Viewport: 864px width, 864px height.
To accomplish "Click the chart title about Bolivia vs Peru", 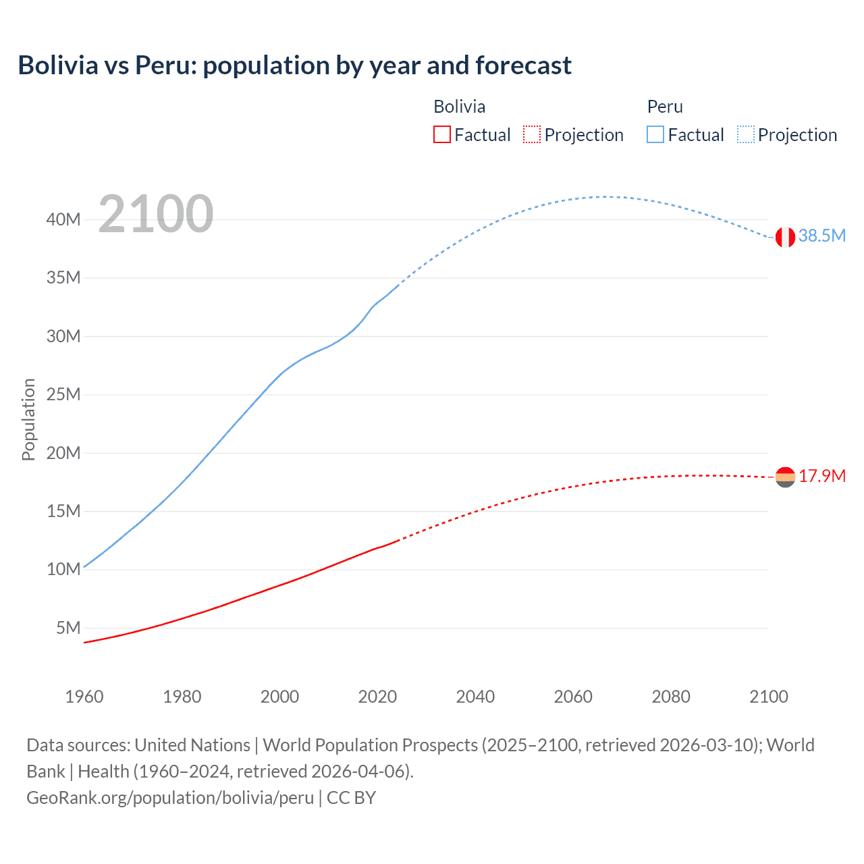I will (x=294, y=65).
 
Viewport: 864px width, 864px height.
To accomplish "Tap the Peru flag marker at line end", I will (x=785, y=237).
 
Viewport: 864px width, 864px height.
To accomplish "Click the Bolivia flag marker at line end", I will (x=785, y=477).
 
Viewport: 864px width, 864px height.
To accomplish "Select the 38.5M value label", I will (x=821, y=236).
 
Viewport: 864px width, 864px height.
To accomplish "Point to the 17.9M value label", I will (x=822, y=476).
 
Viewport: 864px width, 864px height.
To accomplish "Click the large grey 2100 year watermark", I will (x=156, y=214).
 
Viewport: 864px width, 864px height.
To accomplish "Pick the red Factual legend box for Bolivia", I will (x=441, y=134).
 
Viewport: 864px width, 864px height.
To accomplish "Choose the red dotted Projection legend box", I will (x=532, y=134).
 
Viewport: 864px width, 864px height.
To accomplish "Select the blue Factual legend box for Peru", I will (x=655, y=134).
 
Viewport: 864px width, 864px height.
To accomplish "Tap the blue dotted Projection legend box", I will (x=746, y=134).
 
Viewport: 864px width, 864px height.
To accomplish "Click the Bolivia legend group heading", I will (x=459, y=107).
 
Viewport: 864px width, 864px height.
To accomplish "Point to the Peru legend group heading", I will (x=665, y=107).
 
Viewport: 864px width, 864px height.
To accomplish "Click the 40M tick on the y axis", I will (x=63, y=219).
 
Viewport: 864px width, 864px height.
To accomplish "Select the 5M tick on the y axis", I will (x=68, y=628).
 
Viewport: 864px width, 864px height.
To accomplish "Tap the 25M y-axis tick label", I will (x=63, y=394).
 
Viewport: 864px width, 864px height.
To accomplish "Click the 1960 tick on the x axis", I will (x=84, y=697).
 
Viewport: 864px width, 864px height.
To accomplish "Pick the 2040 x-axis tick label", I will (x=475, y=697).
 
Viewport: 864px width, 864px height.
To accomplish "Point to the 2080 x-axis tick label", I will (x=671, y=697).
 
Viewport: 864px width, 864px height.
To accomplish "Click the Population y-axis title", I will (x=28, y=419).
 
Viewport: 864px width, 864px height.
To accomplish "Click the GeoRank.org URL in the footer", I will (x=170, y=798).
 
